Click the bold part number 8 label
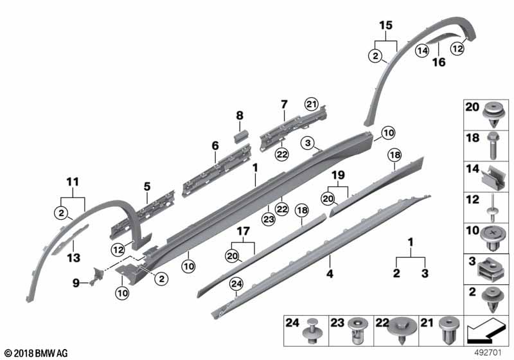(240, 116)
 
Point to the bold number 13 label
(74, 256)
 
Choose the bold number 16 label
(438, 62)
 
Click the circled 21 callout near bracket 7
(312, 105)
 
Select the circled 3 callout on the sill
(308, 142)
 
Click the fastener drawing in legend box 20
(491, 114)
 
